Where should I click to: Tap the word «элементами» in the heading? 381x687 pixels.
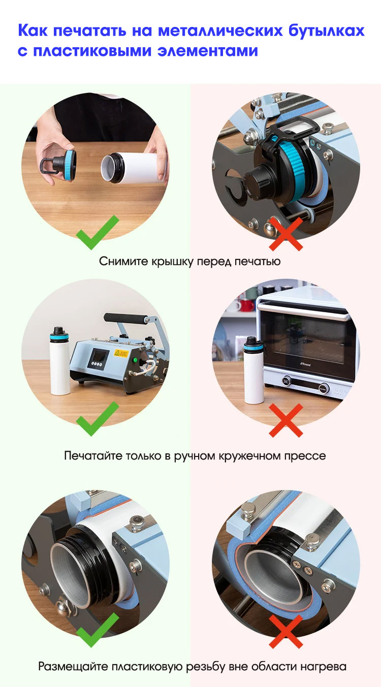208,51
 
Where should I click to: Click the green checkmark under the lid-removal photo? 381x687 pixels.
98,232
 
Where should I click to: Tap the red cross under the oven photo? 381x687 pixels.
286,420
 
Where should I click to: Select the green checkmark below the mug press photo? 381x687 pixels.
98,418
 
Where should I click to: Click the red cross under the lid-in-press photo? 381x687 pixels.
286,234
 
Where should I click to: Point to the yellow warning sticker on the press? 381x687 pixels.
121,353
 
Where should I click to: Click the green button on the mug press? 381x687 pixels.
135,359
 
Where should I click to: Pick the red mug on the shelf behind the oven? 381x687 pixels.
247,305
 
